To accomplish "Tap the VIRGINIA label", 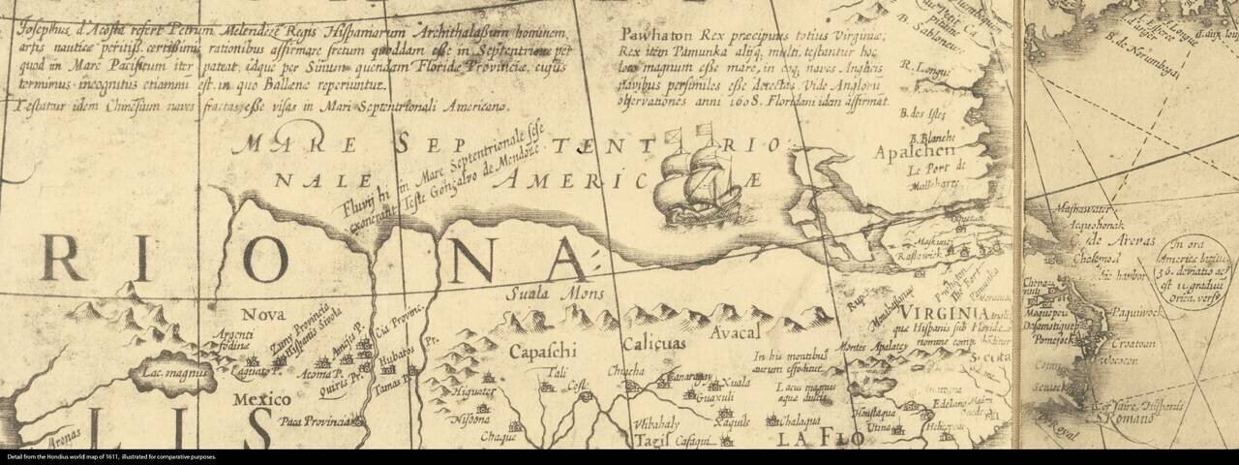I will click(x=943, y=315).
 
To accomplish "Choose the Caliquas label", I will click(x=653, y=344).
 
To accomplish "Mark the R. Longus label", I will click(x=918, y=67).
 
